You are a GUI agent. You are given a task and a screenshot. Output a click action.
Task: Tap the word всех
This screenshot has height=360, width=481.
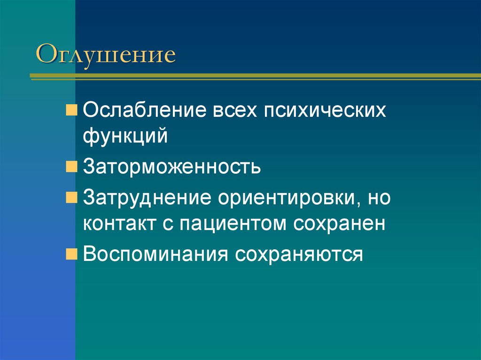[238, 112]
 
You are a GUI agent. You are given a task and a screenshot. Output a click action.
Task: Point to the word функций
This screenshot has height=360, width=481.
[125, 137]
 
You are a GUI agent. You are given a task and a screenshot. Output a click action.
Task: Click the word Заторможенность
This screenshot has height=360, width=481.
[172, 167]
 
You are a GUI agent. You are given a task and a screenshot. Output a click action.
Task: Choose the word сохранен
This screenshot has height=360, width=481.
[340, 223]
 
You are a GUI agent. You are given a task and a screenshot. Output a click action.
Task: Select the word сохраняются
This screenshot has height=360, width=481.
[299, 255]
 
